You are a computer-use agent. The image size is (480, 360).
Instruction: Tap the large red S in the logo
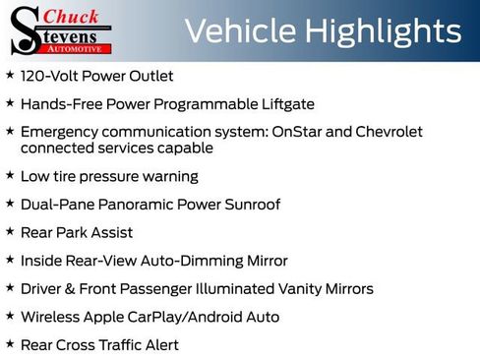tap(24, 30)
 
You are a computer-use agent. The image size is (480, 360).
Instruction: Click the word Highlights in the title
tap(380, 31)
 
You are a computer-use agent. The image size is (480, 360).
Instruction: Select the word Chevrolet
tap(386, 131)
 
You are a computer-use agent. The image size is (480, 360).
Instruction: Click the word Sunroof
tap(250, 205)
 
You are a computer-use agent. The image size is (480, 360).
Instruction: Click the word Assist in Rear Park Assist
tap(110, 233)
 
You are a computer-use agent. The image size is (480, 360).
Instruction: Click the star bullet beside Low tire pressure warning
tap(10, 176)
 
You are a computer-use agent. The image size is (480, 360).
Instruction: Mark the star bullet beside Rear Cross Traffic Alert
tap(10, 344)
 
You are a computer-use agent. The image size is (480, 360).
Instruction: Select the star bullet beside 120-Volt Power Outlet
tap(10, 75)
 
